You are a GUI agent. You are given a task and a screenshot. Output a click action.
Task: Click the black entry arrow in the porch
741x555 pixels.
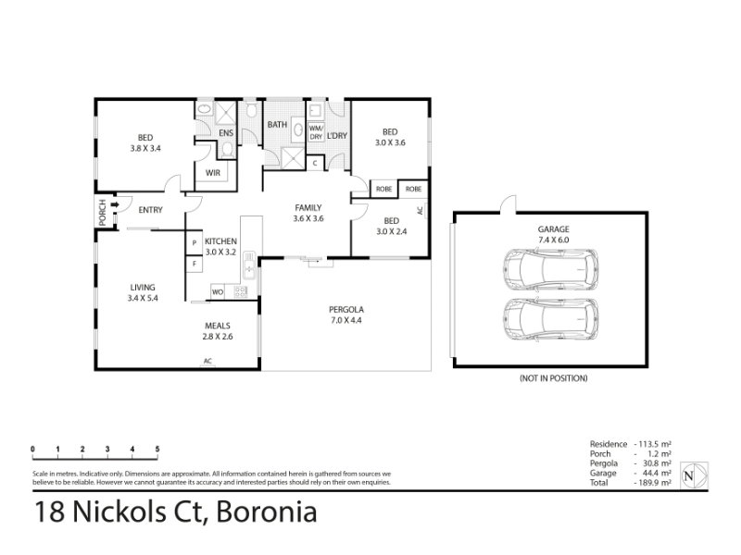point(114,204)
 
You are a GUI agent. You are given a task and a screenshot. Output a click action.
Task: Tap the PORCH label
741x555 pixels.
point(103,213)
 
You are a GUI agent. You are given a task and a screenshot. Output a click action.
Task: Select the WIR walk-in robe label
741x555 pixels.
point(213,173)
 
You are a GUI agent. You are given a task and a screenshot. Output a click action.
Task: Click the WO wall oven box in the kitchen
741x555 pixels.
point(217,291)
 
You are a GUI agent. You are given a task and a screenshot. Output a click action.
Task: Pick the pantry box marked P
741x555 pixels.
point(195,242)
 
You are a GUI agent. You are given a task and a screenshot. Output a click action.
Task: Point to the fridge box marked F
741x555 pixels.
point(195,264)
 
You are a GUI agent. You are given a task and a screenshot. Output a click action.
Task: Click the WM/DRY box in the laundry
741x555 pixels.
point(316,132)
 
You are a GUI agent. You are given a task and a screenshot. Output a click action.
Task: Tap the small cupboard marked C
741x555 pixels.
point(315,164)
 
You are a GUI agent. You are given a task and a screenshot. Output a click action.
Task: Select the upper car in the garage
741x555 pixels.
point(550,269)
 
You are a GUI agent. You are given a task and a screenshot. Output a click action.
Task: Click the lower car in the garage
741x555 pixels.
point(550,319)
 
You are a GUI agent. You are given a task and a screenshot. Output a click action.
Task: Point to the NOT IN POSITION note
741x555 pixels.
point(553,378)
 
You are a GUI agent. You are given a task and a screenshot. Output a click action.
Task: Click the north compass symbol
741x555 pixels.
point(694,475)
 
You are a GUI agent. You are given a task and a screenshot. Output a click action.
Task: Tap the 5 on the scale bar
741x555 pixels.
point(157,449)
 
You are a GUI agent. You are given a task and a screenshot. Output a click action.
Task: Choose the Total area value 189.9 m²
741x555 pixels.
point(653,483)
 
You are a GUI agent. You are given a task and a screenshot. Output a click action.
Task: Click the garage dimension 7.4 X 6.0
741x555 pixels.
point(553,240)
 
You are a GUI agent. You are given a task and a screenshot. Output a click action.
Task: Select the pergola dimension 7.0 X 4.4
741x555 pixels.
point(346,320)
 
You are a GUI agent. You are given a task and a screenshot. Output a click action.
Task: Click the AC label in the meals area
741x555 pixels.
point(207,361)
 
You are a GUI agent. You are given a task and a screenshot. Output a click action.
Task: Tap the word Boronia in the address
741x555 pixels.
point(267,512)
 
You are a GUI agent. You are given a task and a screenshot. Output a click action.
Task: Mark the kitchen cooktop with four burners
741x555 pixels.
point(241,291)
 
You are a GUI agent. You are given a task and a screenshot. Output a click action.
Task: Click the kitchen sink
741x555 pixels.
point(249,265)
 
